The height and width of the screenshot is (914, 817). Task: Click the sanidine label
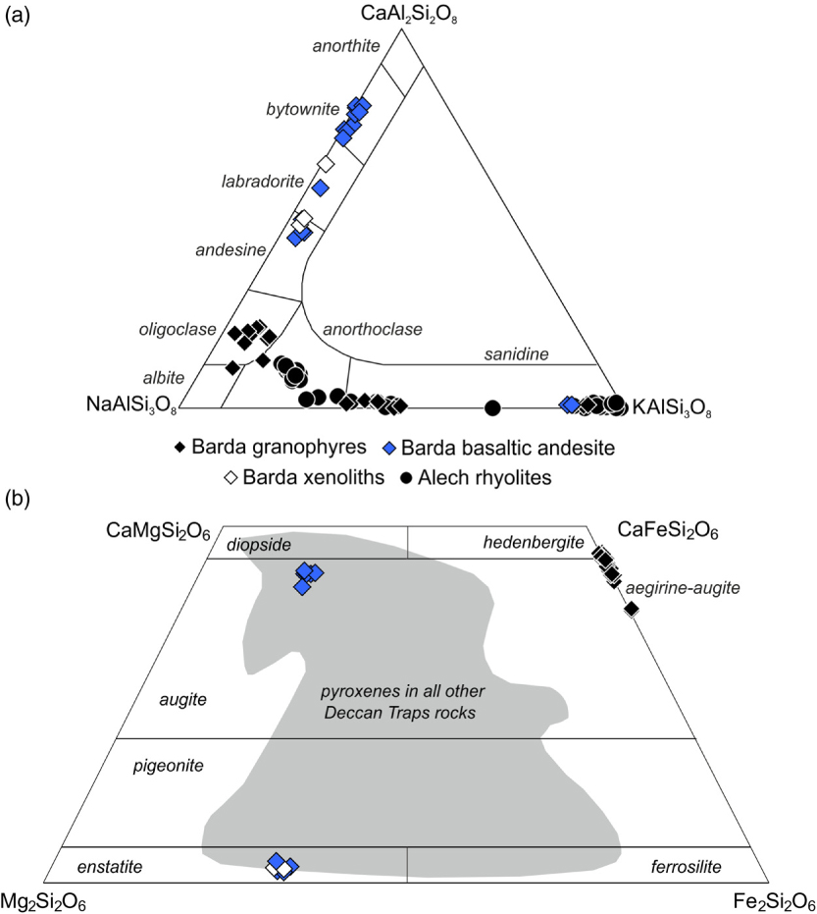coord(516,353)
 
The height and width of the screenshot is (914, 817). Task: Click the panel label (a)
coord(19,17)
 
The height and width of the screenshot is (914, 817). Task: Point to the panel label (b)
coord(19,498)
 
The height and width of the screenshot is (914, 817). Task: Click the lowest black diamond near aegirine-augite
coord(632,610)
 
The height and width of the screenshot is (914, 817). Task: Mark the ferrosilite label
coord(686,866)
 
